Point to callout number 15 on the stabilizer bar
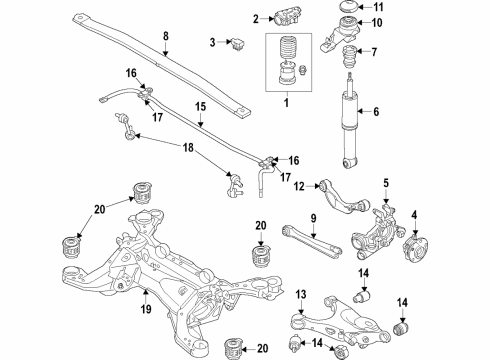tap(199, 106)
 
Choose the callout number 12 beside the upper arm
tap(298, 185)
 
